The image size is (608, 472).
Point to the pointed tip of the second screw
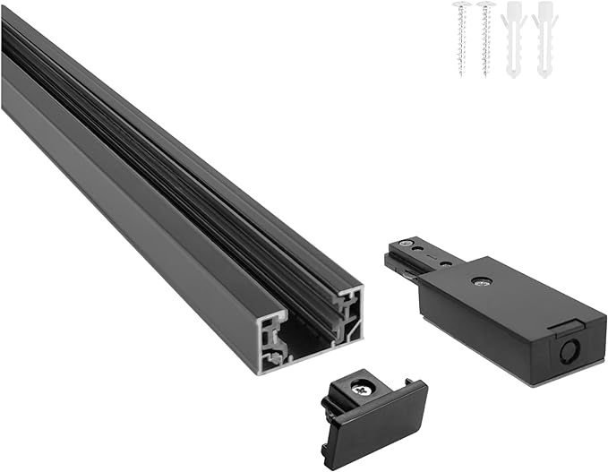pos(487,73)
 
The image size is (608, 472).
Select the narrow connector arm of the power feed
pos(421,256)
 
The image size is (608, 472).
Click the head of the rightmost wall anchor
pos(541,9)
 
